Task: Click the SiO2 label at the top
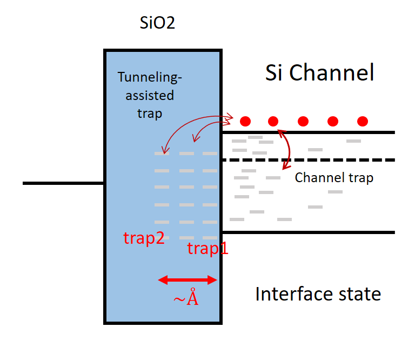(157, 23)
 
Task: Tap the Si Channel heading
(319, 73)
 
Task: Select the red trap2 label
(144, 238)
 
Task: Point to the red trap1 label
(207, 248)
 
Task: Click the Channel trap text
(334, 177)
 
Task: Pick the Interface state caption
(318, 294)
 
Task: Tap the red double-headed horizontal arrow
(187, 279)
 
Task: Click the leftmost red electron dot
(245, 121)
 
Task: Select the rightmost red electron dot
(363, 121)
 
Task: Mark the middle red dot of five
(303, 121)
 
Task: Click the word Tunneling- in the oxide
(150, 78)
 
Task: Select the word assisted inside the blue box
(150, 96)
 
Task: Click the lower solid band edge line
(308, 232)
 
